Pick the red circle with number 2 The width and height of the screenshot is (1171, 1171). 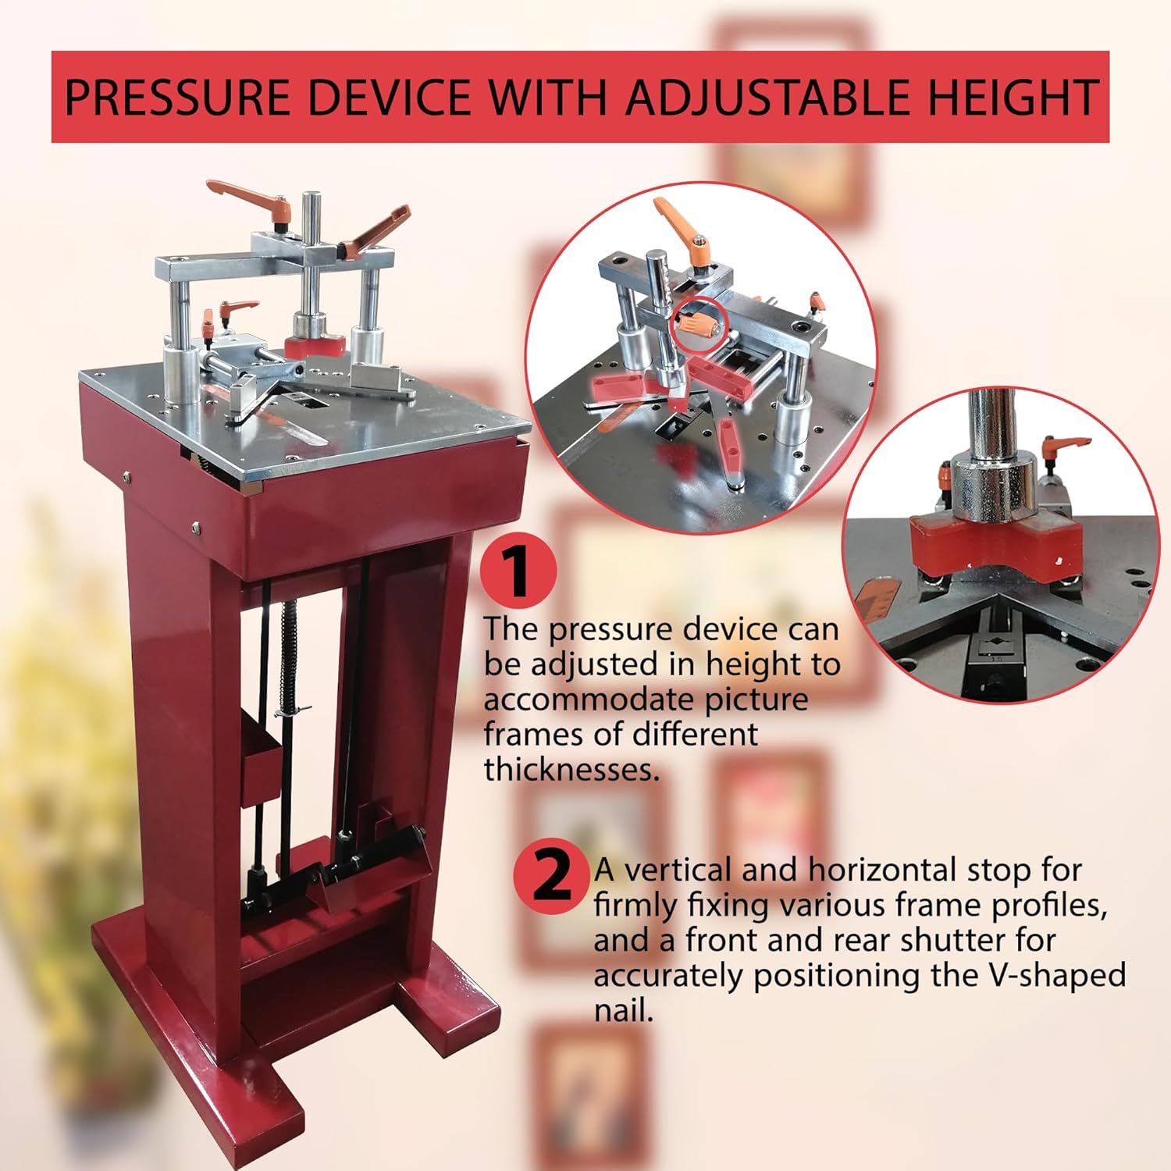[x=552, y=877]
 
